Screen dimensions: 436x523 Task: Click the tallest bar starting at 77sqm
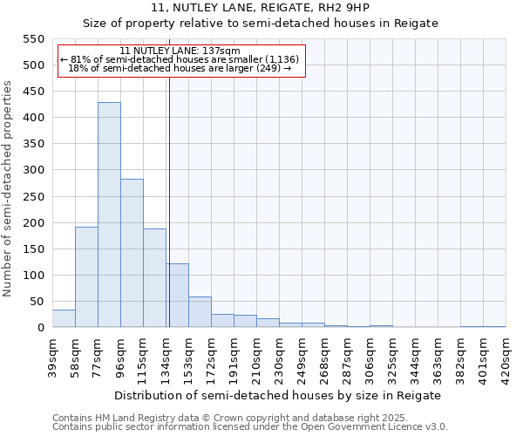click(109, 215)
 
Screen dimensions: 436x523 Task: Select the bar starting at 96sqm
click(132, 253)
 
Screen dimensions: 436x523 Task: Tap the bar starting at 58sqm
click(86, 276)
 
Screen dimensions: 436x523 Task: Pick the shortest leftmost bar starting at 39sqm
click(64, 318)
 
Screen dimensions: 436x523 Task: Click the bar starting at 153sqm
click(200, 312)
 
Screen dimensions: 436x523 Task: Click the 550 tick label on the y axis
click(34, 39)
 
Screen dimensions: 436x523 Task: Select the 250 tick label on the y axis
click(34, 196)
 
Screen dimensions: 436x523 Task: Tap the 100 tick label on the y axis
click(34, 276)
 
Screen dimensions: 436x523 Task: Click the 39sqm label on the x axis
click(52, 355)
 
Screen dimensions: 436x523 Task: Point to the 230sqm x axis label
click(279, 355)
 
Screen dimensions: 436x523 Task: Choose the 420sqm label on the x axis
click(506, 355)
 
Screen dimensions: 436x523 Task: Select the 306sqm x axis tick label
click(370, 355)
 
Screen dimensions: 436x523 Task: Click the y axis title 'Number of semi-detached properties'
click(8, 188)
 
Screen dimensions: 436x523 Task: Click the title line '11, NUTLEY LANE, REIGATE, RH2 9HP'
click(260, 7)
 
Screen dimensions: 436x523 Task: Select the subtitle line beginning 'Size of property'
click(260, 23)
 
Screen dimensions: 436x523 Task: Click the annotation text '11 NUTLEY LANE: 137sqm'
click(180, 51)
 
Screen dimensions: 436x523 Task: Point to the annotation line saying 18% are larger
click(180, 68)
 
